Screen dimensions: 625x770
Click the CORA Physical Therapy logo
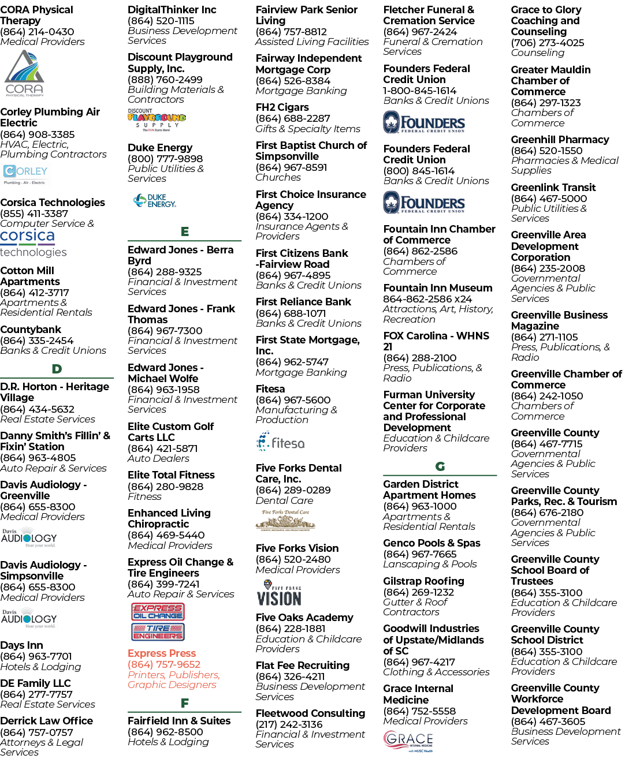[x=24, y=73]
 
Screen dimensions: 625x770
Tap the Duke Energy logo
[x=154, y=200]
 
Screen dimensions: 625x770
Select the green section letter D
[x=57, y=369]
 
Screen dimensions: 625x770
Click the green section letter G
[x=440, y=466]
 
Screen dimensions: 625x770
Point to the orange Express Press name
[x=161, y=653]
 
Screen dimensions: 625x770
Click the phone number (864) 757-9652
[x=164, y=664]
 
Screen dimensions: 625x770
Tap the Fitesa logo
[x=280, y=442]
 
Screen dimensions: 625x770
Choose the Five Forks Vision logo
[x=279, y=593]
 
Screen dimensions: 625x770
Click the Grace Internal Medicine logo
[x=408, y=741]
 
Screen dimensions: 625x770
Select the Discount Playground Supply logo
[x=157, y=119]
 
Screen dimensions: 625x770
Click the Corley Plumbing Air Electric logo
[x=25, y=174]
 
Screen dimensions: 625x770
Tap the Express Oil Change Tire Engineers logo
[x=158, y=622]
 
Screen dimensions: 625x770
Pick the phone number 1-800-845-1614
[x=419, y=91]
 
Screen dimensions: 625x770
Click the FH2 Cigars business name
[x=282, y=107]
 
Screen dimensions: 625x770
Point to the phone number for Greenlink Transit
[x=549, y=199]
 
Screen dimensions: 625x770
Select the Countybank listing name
[x=31, y=330]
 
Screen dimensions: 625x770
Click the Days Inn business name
[x=22, y=645]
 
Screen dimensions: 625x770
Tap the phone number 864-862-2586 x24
[x=427, y=299]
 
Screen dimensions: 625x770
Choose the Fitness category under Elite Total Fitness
[x=144, y=496]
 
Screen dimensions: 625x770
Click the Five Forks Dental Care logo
[x=285, y=521]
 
